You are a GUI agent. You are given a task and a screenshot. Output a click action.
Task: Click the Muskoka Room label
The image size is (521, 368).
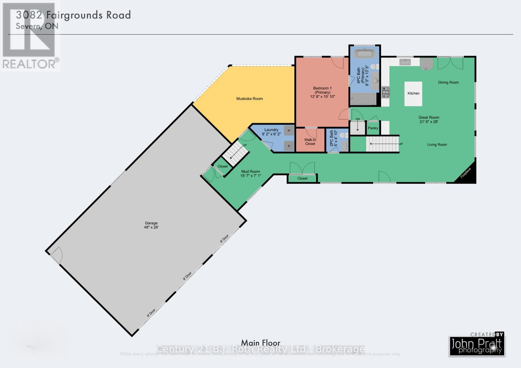click(249, 99)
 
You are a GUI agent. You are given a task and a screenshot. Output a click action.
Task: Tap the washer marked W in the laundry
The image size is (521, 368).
click(289, 130)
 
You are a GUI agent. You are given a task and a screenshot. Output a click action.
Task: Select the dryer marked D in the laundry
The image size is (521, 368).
click(289, 146)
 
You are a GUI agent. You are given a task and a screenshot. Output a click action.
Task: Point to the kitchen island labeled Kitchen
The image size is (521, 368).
click(413, 93)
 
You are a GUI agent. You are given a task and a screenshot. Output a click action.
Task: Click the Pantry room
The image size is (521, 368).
click(373, 128)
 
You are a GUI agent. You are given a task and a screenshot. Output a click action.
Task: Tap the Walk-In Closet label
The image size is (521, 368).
click(310, 142)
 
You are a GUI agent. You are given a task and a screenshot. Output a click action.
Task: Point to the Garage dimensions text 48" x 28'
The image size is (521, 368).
click(151, 227)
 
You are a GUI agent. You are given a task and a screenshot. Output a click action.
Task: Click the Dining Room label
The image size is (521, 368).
click(448, 82)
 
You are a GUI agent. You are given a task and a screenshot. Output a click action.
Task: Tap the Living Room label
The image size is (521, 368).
click(437, 144)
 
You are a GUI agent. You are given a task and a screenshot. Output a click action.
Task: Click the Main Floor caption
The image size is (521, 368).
click(260, 343)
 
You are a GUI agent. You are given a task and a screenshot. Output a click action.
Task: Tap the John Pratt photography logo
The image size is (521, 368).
click(477, 345)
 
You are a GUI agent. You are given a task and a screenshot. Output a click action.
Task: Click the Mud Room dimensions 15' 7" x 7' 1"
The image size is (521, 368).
click(251, 176)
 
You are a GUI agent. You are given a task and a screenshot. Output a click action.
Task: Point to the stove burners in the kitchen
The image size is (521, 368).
click(385, 92)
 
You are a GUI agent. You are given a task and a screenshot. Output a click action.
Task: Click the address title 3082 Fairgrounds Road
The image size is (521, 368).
click(74, 15)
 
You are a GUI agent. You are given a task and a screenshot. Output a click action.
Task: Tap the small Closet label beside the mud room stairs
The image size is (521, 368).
click(223, 166)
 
